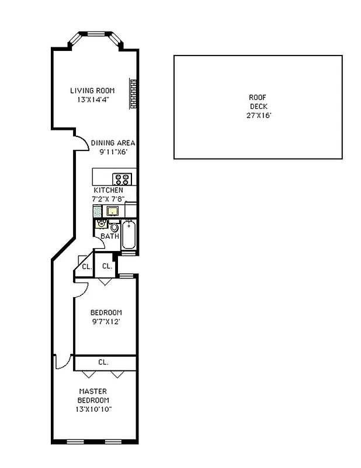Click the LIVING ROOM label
pos(92,91)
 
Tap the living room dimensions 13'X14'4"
pos(92,99)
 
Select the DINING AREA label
pos(113,143)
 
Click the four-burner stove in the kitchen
pos(122,179)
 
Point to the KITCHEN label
pos(109,191)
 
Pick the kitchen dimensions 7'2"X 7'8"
pos(109,199)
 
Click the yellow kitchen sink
pos(114,211)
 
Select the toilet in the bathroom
pos(102,223)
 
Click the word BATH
pos(110,236)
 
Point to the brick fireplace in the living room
pos(133,94)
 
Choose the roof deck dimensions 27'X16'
pos(258,116)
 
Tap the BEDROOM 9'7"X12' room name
pos(106,312)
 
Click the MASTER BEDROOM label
pos(93,395)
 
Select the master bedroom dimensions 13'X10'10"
pos(93,409)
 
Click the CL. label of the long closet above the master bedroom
pos(103,362)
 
